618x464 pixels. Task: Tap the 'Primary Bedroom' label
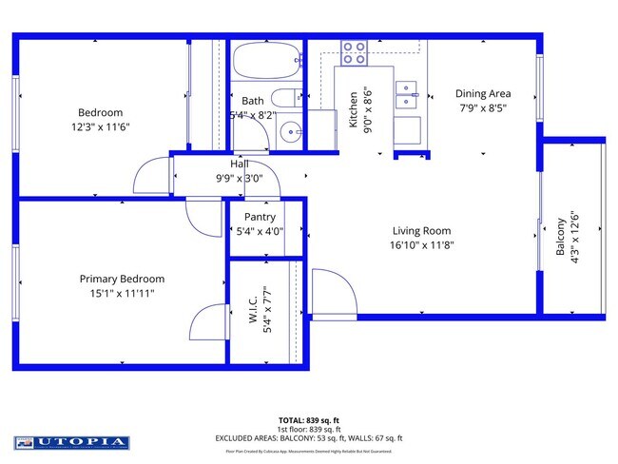(x=122, y=279)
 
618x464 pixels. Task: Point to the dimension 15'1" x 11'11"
(x=117, y=294)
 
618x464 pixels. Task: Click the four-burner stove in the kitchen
(x=355, y=52)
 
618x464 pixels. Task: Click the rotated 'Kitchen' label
(x=353, y=109)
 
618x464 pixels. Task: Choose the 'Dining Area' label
(x=483, y=93)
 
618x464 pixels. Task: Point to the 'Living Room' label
(x=422, y=230)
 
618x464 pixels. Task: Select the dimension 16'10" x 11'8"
(x=422, y=245)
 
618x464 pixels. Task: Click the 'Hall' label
(x=239, y=163)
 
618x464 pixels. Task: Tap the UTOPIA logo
(x=71, y=442)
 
